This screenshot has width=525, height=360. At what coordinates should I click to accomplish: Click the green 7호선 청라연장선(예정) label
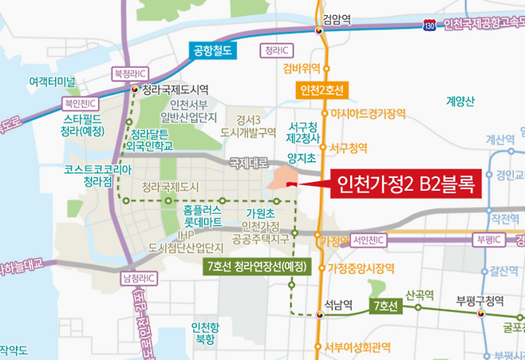256,266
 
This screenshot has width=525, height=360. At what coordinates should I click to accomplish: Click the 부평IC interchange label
486,240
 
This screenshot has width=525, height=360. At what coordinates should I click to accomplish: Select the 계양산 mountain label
460,101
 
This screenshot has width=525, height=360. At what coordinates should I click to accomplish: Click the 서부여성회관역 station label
358,347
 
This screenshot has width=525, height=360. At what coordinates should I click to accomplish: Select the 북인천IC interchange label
81,102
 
